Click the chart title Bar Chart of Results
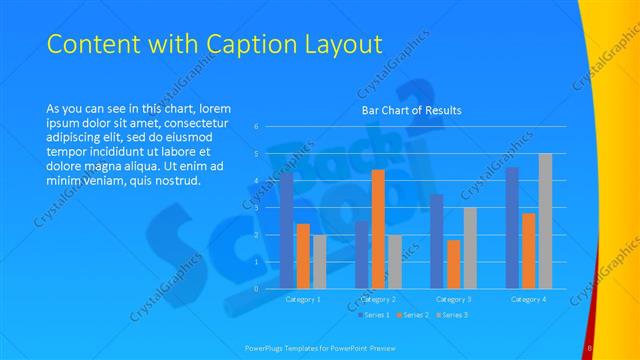click(411, 111)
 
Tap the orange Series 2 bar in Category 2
click(378, 229)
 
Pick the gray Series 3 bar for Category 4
click(545, 221)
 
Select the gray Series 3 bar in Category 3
click(470, 248)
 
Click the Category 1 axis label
click(303, 299)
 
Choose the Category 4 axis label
click(529, 299)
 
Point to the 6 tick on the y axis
click(257, 127)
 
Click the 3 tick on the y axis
click(257, 208)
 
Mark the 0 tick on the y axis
click(257, 289)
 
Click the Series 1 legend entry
click(373, 315)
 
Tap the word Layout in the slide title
click(344, 45)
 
